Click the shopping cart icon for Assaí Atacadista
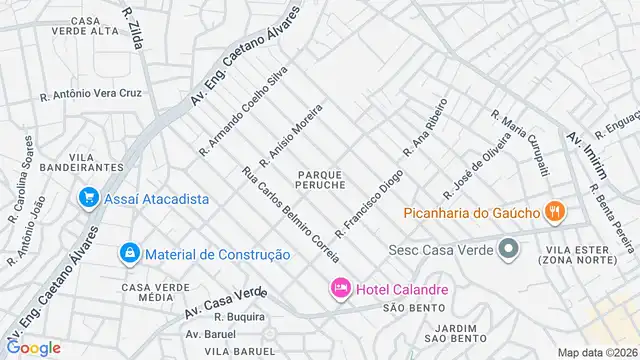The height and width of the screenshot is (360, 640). pos(90,198)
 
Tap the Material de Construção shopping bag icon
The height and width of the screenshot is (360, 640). pos(129,254)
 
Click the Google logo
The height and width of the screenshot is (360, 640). pos(33,347)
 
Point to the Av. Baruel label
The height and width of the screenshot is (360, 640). pos(210,333)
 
